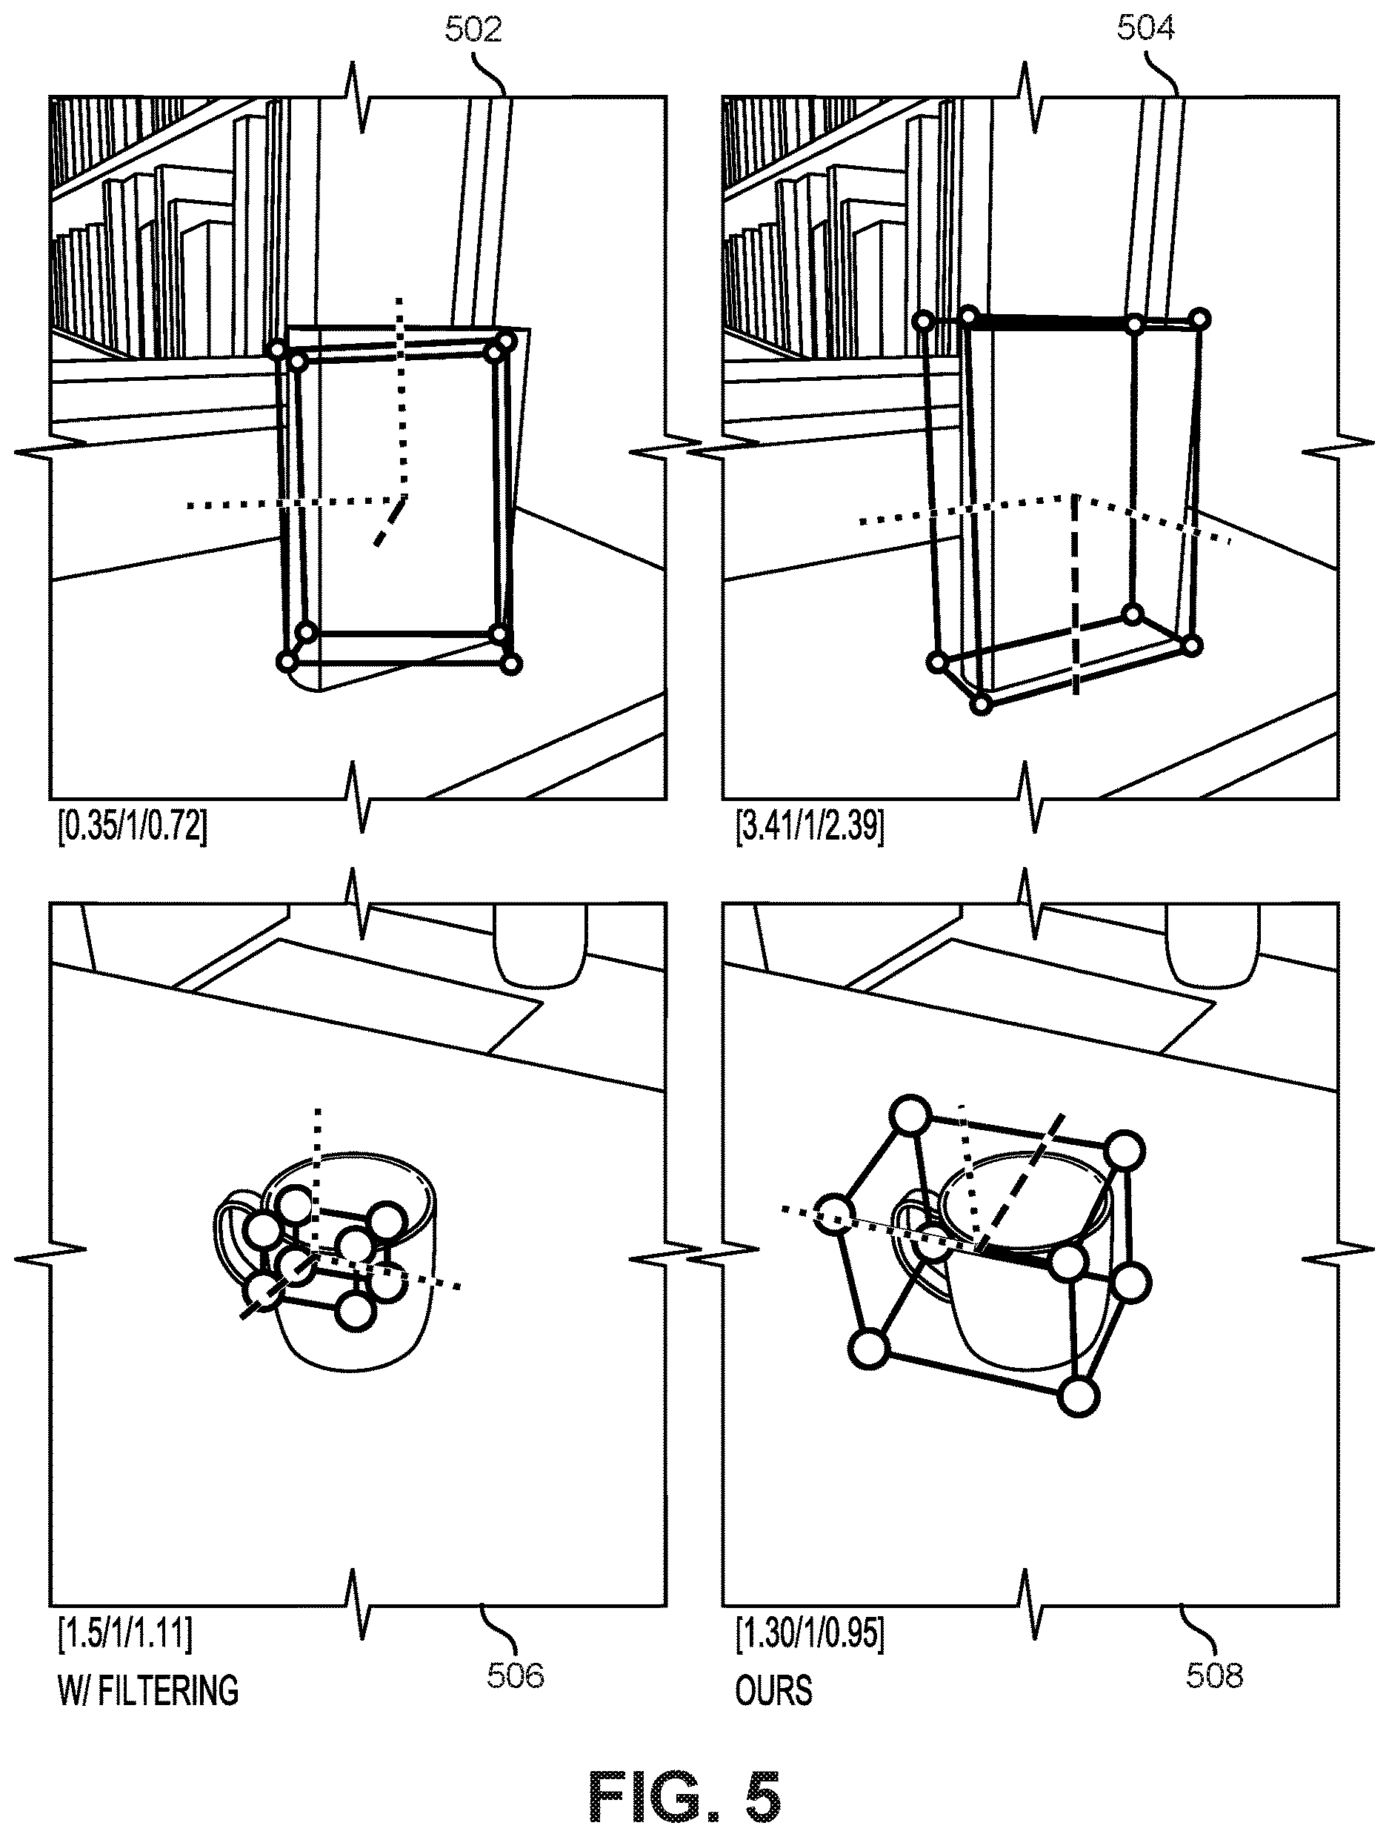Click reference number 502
point(473,30)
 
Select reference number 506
point(516,1674)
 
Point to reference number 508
point(1215,1674)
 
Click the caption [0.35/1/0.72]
point(132,828)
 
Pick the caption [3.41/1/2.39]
point(810,828)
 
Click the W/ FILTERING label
point(147,1691)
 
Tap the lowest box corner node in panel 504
point(982,704)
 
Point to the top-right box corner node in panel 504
point(1199,318)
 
